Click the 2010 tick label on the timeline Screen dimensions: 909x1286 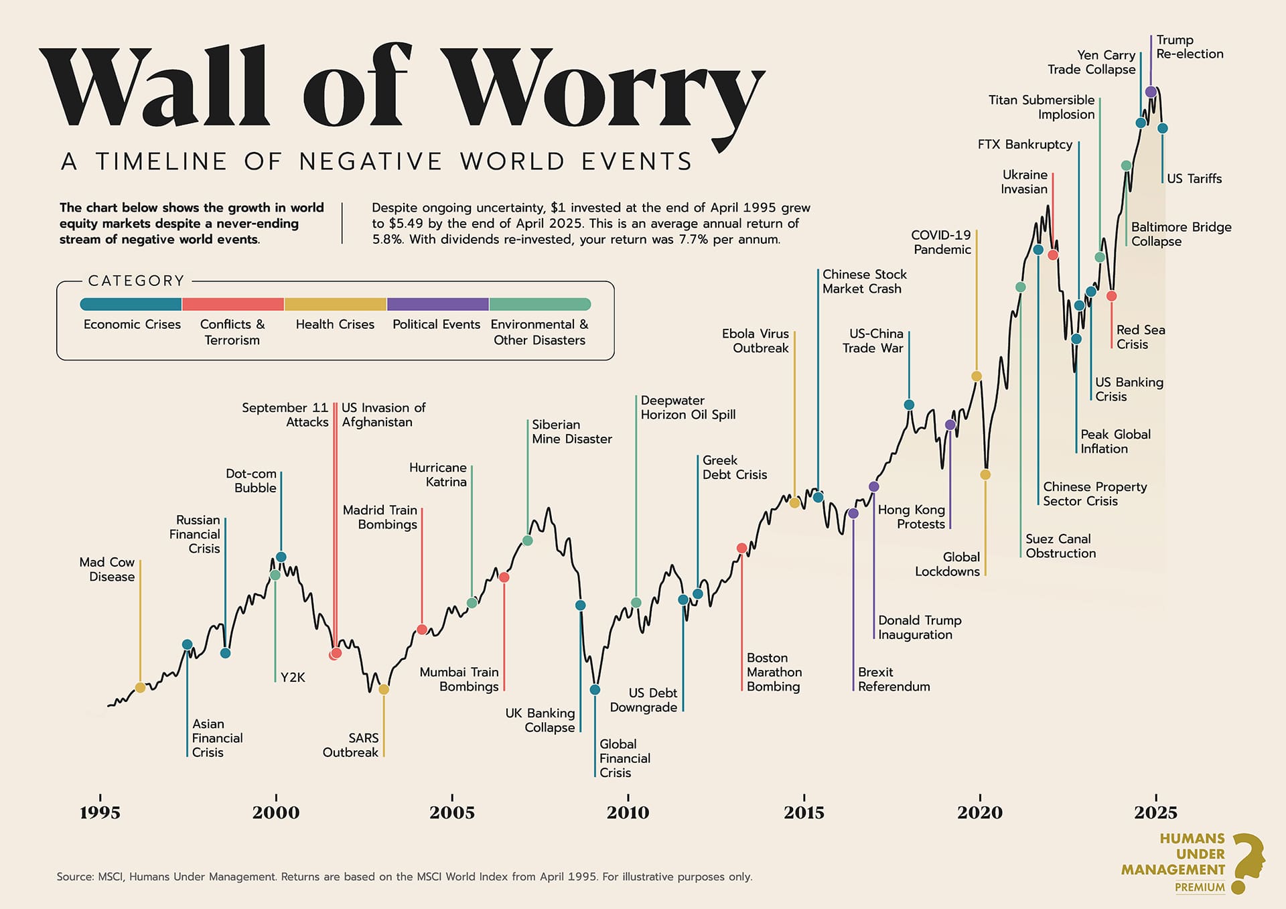(628, 813)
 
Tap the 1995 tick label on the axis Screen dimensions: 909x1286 (100, 813)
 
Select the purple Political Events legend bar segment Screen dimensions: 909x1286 (438, 304)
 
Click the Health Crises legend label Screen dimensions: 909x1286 (335, 324)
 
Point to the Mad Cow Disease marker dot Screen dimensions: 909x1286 (140, 687)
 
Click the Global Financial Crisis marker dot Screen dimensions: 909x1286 (595, 689)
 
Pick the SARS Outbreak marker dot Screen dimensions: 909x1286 (384, 689)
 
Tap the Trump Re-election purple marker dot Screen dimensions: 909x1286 (1151, 92)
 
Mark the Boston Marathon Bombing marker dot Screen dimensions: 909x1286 (741, 548)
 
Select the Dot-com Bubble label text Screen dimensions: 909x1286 (252, 481)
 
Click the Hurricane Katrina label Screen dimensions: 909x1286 (438, 474)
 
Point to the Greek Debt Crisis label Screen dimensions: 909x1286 (734, 468)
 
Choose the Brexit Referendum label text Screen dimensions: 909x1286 (894, 679)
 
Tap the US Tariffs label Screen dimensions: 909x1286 (1194, 179)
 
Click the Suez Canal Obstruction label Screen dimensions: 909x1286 (1060, 546)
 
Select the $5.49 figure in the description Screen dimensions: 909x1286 (407, 224)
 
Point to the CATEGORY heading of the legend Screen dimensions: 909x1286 (136, 281)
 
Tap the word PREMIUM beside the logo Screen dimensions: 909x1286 (1200, 888)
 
